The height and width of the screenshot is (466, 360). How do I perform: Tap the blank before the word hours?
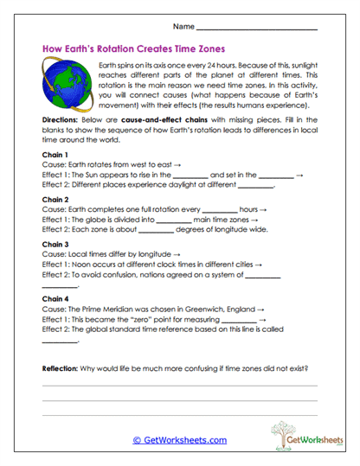point(218,211)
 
